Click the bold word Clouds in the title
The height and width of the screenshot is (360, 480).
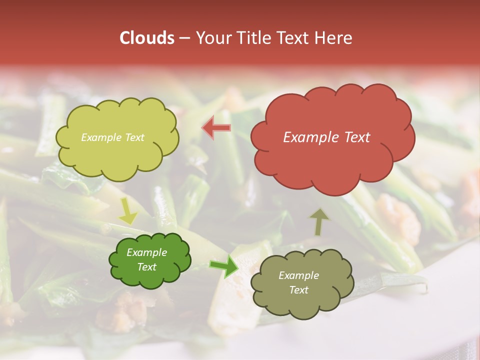pos(147,38)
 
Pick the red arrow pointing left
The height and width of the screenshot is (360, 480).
pos(216,128)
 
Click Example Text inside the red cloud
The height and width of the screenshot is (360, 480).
pos(326,137)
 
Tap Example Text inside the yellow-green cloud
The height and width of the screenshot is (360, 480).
pos(112,137)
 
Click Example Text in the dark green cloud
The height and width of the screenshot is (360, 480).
pos(146,259)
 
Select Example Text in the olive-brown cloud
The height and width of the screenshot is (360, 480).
pos(298,282)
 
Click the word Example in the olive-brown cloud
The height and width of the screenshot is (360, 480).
pos(298,275)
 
